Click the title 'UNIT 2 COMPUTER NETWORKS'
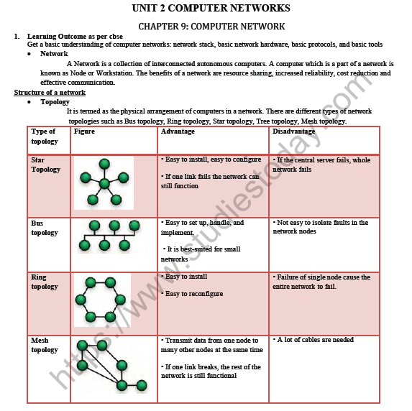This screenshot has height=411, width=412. point(211,9)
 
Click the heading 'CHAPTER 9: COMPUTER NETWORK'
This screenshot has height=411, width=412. point(211,26)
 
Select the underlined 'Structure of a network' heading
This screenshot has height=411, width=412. point(50,93)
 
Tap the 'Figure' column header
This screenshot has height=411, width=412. point(84,132)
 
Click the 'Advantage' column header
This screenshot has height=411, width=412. point(178,132)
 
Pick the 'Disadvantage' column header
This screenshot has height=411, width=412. point(293,132)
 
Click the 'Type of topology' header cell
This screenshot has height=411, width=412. point(44,137)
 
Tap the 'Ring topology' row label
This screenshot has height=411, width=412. point(45,282)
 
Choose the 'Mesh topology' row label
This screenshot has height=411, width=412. point(45,345)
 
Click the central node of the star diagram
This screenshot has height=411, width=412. point(105,183)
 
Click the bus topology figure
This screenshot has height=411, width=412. point(104,236)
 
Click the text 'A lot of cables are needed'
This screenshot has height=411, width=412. point(315,340)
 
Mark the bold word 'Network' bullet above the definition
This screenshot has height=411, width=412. point(54,54)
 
